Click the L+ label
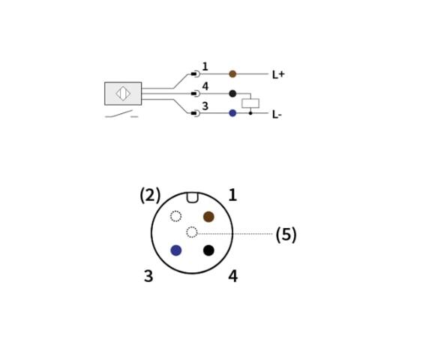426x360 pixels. (278, 74)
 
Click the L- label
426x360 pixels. (277, 115)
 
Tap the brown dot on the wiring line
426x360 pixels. (232, 74)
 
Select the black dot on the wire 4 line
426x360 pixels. (232, 94)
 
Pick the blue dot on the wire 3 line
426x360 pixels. (232, 113)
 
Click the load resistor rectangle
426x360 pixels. (250, 103)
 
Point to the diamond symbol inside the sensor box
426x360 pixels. (123, 94)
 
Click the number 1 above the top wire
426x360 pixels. (205, 67)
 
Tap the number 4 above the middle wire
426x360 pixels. (205, 86)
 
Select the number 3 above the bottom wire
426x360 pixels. (205, 106)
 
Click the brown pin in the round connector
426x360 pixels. (208, 217)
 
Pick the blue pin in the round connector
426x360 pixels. (176, 250)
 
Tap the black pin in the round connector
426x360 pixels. (208, 250)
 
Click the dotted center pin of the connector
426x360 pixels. (192, 232)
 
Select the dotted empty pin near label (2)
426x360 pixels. (175, 216)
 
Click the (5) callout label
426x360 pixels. (286, 234)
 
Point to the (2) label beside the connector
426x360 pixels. (150, 195)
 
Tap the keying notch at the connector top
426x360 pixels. (192, 197)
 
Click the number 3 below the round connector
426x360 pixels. (148, 276)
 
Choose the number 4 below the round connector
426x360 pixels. (233, 276)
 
